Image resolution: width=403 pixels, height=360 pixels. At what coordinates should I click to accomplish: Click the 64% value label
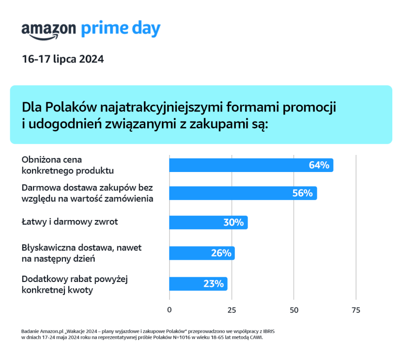[319, 165]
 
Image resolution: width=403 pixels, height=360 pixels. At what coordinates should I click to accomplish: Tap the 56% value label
[302, 193]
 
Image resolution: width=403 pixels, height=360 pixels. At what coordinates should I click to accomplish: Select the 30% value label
[233, 222]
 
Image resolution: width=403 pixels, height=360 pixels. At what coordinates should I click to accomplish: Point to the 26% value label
[220, 253]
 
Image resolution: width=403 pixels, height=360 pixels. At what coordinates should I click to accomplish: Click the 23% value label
[213, 283]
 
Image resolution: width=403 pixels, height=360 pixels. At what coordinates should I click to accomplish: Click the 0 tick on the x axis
[170, 310]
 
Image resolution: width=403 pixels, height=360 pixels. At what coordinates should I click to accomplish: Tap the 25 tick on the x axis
[232, 310]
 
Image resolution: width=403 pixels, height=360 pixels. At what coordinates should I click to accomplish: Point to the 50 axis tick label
[294, 310]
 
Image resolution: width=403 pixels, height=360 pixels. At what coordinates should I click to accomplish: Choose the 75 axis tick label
[356, 310]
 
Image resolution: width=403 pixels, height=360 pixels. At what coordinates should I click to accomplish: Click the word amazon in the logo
[48, 30]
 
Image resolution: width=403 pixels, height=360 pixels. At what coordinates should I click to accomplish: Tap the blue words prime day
[120, 29]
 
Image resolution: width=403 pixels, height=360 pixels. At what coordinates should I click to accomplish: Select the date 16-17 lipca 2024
[62, 59]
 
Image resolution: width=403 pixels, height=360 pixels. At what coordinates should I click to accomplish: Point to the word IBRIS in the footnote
[267, 331]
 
